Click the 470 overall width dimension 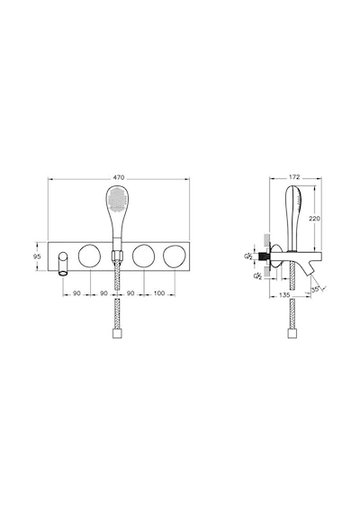tap(119, 177)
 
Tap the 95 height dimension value tap(37, 256)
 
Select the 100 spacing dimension tap(159, 293)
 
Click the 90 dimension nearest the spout tap(76, 293)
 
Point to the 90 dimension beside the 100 tap(130, 293)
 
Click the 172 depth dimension tap(294, 177)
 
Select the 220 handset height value tap(315, 219)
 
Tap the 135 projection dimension tap(284, 295)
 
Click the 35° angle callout tap(316, 289)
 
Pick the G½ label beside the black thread tap(248, 256)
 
